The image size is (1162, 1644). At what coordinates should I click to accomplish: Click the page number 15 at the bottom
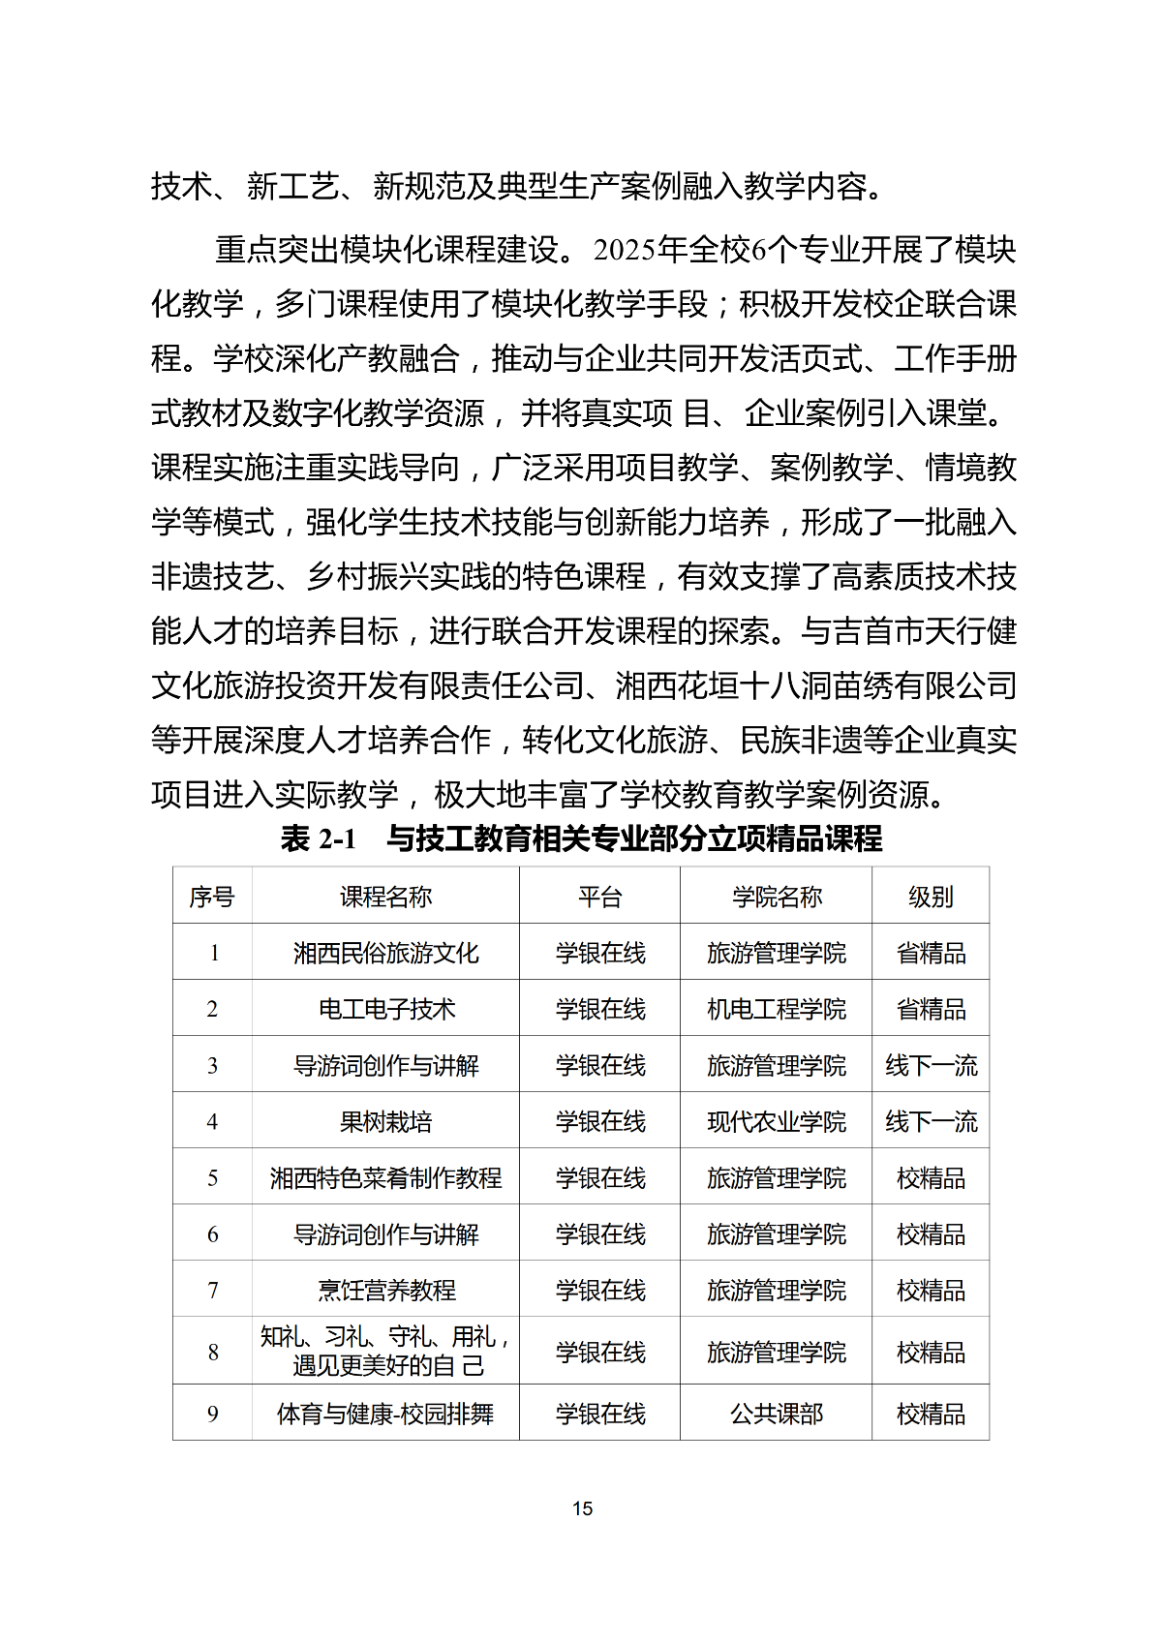(x=582, y=1508)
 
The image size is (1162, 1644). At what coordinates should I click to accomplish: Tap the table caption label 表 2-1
(x=319, y=838)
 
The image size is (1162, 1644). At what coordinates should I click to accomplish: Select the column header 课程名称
(x=385, y=897)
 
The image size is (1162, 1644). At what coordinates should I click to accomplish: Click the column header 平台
(x=599, y=897)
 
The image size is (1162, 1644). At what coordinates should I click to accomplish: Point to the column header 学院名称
(x=777, y=897)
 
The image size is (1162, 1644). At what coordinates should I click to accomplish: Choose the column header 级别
(x=931, y=897)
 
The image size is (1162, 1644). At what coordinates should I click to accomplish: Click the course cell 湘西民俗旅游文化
(x=385, y=953)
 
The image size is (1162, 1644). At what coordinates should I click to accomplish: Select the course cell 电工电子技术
(x=385, y=1009)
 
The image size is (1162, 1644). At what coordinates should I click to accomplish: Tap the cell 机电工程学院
(x=777, y=1009)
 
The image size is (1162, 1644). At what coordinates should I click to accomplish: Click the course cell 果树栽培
(x=385, y=1121)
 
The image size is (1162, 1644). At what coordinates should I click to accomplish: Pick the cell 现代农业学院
(x=777, y=1121)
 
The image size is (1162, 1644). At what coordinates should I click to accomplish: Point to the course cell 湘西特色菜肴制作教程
(x=385, y=1177)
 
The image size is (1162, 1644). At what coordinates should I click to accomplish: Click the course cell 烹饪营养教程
(x=385, y=1290)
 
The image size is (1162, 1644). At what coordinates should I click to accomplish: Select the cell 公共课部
(x=777, y=1414)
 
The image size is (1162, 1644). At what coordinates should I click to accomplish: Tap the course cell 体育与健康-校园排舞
(x=385, y=1414)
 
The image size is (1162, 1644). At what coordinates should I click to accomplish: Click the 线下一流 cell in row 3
(x=931, y=1065)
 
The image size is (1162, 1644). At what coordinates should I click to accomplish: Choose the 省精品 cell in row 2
(x=931, y=1009)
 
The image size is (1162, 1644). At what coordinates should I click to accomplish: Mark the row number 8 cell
(x=213, y=1352)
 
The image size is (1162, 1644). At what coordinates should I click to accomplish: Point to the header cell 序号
(x=212, y=897)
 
